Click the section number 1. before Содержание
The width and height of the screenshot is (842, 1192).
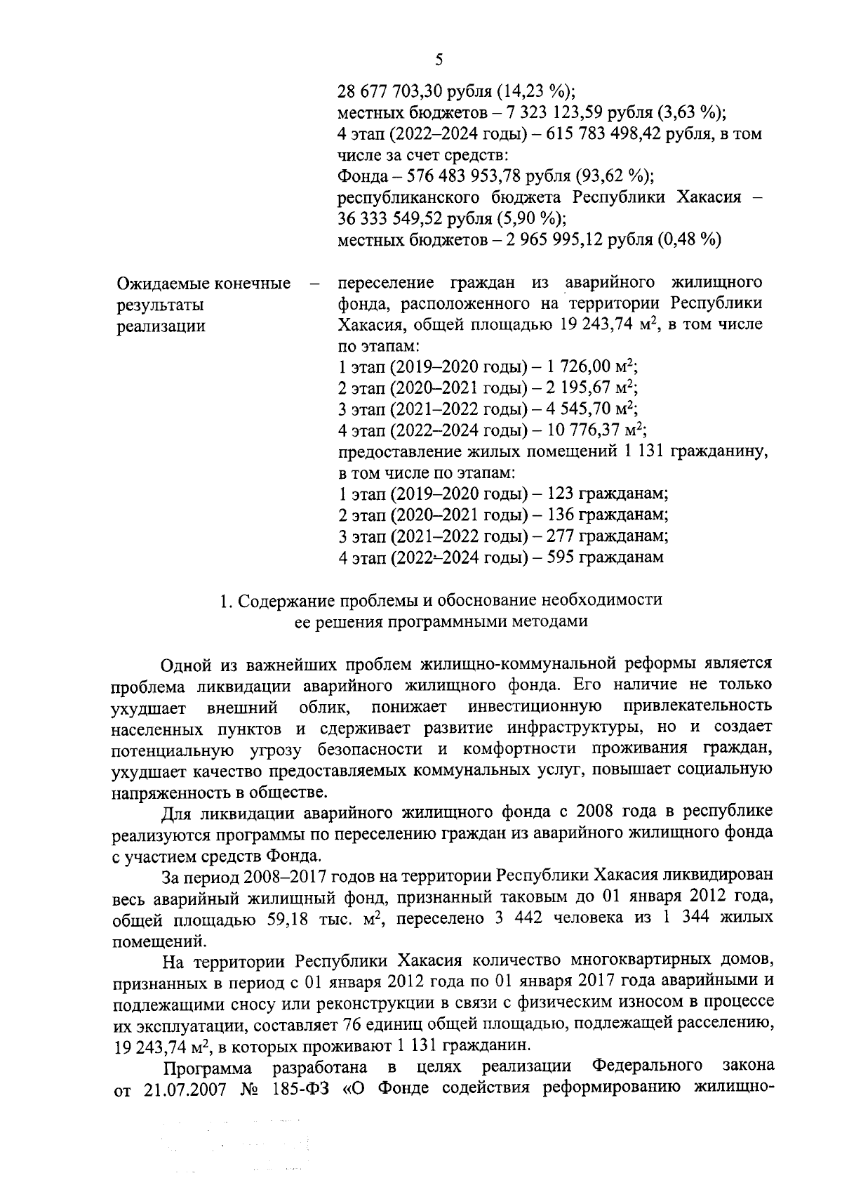tap(226, 600)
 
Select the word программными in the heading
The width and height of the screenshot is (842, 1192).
tap(445, 621)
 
